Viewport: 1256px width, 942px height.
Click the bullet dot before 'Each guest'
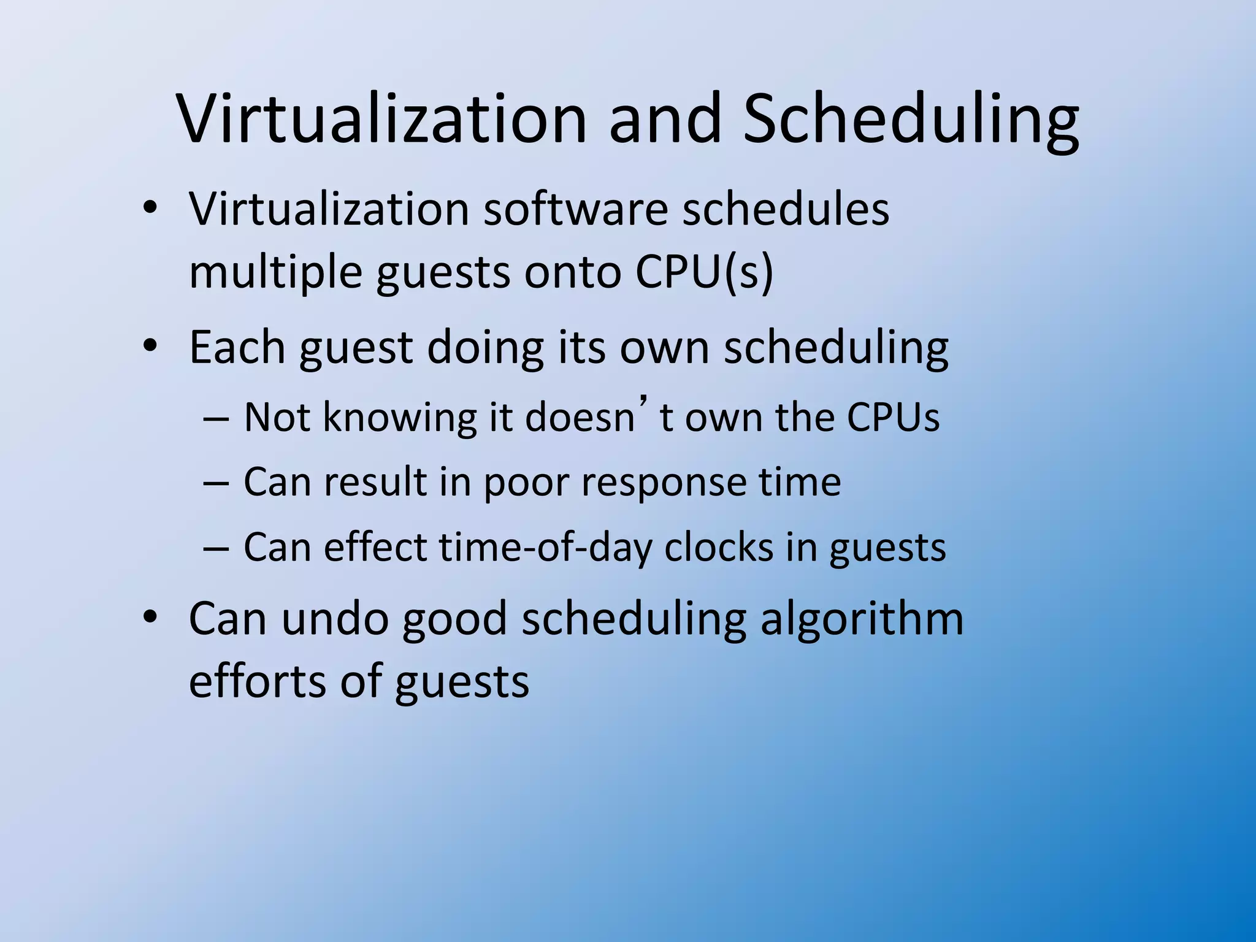coord(150,346)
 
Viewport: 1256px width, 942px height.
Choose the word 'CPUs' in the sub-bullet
coord(893,418)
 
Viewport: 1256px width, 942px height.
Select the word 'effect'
coord(375,547)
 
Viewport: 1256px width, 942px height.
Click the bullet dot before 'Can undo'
coord(150,617)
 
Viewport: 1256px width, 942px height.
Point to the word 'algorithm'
coord(862,619)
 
